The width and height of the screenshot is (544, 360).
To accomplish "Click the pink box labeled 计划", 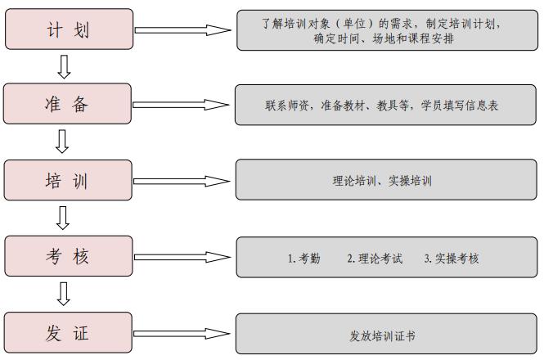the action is (x=69, y=29).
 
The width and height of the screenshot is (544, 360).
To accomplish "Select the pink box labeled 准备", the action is (x=67, y=103).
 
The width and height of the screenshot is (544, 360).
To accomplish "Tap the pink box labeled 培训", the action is (x=68, y=180).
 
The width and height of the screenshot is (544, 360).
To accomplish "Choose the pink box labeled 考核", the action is (x=69, y=256).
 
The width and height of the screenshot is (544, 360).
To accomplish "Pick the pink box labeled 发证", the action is (x=68, y=332).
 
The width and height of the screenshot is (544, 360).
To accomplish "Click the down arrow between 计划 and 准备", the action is (x=64, y=66).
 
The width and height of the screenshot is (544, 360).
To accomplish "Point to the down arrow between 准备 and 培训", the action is (x=62, y=142).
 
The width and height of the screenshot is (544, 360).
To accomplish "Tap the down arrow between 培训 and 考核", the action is (x=63, y=218).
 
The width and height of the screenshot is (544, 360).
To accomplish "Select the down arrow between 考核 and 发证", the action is (x=64, y=294).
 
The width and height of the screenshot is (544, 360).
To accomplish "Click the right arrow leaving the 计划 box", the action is (x=183, y=30).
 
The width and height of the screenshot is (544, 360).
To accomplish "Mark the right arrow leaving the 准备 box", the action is (x=181, y=105).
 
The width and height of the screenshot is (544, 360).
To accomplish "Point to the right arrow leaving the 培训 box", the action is (x=182, y=181).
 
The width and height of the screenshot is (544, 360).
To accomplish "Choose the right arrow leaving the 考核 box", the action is (x=182, y=257).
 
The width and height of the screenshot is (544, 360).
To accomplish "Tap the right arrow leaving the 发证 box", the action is (x=182, y=334).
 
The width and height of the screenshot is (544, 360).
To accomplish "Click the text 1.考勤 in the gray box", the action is (x=304, y=259).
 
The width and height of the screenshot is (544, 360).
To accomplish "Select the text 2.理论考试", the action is (x=375, y=259).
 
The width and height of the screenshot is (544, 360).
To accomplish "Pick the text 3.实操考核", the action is (x=452, y=259).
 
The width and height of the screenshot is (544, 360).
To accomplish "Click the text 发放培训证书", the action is (x=382, y=335).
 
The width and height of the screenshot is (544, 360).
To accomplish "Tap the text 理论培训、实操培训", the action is (x=382, y=181).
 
